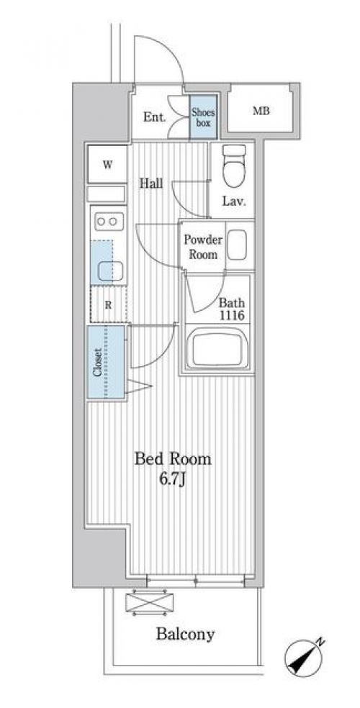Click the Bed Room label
point(174,460)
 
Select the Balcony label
point(185,635)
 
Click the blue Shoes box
point(203,117)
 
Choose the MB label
point(261,111)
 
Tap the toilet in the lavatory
point(234,165)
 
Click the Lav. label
point(234,202)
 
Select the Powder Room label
point(203,247)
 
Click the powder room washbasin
point(237,245)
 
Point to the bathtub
point(217,348)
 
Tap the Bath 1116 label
point(232,309)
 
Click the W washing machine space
point(107,164)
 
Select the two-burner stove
point(109,222)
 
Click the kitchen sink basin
point(111,271)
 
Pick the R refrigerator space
point(109,304)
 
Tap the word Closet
point(97,362)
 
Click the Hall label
point(151,183)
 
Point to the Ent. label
point(155,118)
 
